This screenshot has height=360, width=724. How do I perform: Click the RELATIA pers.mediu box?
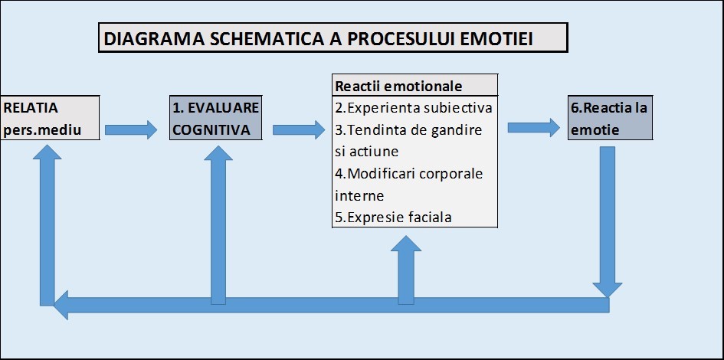50,118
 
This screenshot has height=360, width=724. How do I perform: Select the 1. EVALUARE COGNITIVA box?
215,118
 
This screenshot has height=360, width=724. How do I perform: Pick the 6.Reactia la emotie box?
610,118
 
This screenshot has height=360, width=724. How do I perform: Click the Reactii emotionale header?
414,86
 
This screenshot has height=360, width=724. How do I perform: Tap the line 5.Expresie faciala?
393,218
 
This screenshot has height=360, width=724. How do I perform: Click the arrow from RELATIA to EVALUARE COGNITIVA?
131,129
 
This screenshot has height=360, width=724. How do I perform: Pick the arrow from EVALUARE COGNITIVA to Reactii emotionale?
299,129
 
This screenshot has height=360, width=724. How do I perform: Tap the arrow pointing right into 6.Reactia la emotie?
533,127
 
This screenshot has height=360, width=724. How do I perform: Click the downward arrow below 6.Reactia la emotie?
608,221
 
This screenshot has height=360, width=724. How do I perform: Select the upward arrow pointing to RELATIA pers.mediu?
47,224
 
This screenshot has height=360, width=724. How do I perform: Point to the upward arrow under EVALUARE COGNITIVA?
218,224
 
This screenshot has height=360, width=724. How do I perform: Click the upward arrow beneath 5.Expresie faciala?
406,270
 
